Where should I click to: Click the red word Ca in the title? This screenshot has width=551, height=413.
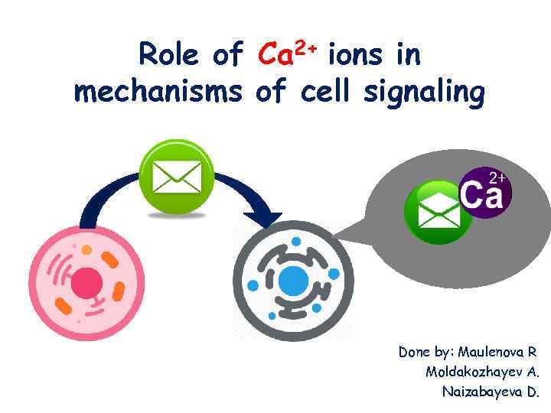pyautogui.click(x=276, y=55)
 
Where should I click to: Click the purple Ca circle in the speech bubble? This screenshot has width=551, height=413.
pyautogui.click(x=484, y=191)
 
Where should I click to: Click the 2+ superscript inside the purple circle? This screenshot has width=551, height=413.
pyautogui.click(x=497, y=177)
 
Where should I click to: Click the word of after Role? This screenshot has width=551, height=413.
pyautogui.click(x=227, y=55)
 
